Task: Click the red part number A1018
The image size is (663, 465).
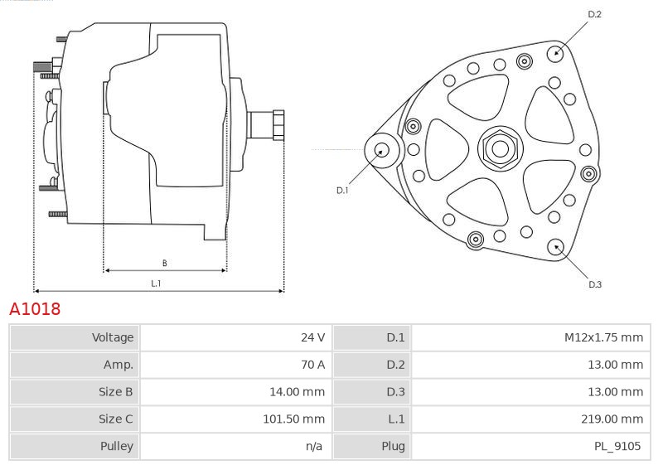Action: point(35,309)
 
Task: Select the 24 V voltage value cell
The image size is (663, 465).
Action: point(313,337)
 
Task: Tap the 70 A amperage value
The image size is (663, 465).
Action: point(313,365)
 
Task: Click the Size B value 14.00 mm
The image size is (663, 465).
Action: point(298,392)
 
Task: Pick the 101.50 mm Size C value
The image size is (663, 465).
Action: point(294,419)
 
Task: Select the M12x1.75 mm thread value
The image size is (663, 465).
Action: point(603,337)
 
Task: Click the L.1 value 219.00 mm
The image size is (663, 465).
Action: point(612,419)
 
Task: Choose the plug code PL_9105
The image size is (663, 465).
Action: point(617,446)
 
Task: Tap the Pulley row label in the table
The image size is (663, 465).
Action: point(117,446)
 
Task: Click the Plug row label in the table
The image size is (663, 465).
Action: point(393,446)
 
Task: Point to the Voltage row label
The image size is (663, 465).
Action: point(113,337)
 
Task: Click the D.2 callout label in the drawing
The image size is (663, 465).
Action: point(594,14)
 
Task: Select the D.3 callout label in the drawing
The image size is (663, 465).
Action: point(595,284)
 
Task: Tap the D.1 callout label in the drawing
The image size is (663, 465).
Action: point(342,191)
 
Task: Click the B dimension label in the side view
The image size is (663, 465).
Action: point(164,263)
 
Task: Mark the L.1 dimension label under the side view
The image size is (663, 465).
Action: point(156,283)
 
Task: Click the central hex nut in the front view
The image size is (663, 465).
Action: point(501,148)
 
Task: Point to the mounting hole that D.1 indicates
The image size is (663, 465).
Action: point(382,150)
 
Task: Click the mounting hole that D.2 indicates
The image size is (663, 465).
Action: point(556,53)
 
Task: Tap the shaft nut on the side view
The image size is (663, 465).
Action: point(278,124)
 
